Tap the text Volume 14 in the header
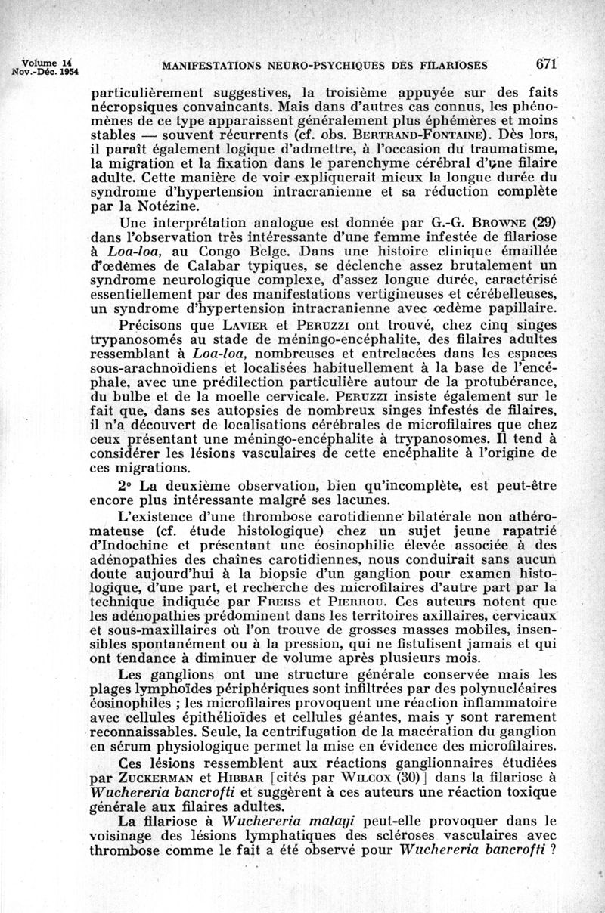pyautogui.click(x=48, y=63)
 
